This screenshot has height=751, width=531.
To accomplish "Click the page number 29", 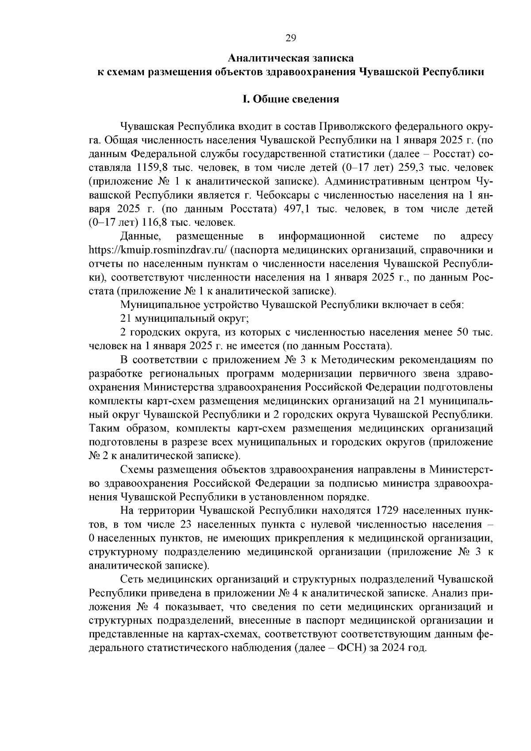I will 291,38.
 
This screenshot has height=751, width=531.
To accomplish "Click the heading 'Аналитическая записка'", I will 291,58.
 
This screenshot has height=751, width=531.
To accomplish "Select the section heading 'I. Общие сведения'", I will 291,99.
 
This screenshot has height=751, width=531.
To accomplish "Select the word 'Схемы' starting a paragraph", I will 135,469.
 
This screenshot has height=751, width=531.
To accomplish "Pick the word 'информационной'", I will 322,236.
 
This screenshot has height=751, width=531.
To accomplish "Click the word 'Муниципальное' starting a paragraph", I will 156,304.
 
